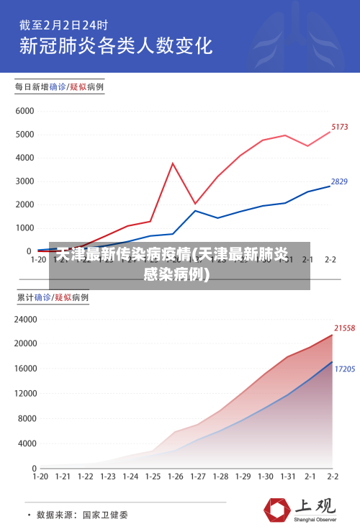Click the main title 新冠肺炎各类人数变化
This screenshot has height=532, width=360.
click(115, 45)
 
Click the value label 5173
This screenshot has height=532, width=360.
click(339, 127)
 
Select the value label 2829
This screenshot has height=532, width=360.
click(339, 181)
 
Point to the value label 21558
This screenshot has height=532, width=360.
click(345, 328)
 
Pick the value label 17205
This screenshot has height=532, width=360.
click(345, 369)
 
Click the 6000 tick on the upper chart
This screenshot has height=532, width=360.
click(24, 112)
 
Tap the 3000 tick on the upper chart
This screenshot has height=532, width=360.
click(24, 181)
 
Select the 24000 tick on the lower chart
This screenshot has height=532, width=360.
click(24, 319)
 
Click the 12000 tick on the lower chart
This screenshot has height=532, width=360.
click(24, 393)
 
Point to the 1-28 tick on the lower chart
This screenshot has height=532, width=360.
click(220, 477)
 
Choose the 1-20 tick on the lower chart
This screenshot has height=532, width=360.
click(40, 477)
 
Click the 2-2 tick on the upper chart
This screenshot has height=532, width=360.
click(331, 260)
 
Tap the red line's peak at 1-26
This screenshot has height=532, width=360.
click(173, 163)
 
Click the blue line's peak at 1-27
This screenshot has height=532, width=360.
click(195, 210)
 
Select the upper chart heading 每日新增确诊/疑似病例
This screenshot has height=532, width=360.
click(60, 86)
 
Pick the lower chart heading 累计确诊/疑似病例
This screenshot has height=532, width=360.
click(53, 297)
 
